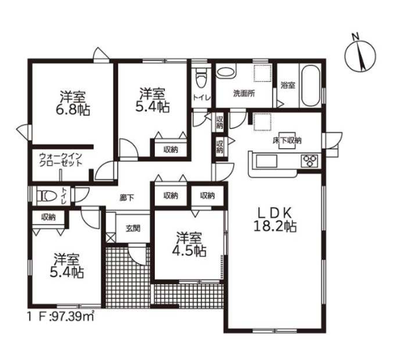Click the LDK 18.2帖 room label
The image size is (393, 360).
pos(275,220)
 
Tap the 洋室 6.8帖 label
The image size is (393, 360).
pos(72,103)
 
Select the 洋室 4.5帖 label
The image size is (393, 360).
pos(189,244)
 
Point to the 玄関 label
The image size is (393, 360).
pos(133,229)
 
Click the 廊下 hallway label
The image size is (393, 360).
pos(126,198)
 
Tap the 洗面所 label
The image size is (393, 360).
pos(244,93)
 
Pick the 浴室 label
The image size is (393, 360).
pos(287,85)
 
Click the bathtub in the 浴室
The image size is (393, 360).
pos(310,86)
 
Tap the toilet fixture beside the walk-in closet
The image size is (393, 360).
pos(47,196)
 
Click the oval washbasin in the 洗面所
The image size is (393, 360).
pos(226,72)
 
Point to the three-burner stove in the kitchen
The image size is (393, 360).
pos(310,161)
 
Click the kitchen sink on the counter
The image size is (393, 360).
pos(267,161)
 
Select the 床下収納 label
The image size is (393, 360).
pos(287,140)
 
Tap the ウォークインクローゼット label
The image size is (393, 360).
pos(61,160)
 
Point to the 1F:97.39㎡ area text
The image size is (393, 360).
pos(61,317)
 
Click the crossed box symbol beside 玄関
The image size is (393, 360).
pos(111,237)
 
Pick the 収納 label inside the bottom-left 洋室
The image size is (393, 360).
pos(49,217)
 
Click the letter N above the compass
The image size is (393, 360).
pos(355,37)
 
